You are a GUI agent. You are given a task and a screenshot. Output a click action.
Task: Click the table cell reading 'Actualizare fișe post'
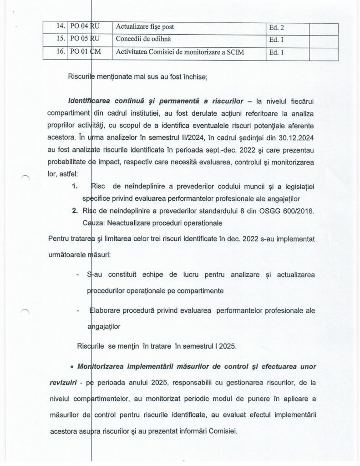pos(145,27)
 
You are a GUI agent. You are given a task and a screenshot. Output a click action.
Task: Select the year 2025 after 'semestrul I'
pos(227,346)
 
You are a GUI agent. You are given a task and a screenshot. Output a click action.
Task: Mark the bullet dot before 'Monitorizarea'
pos(67,367)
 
